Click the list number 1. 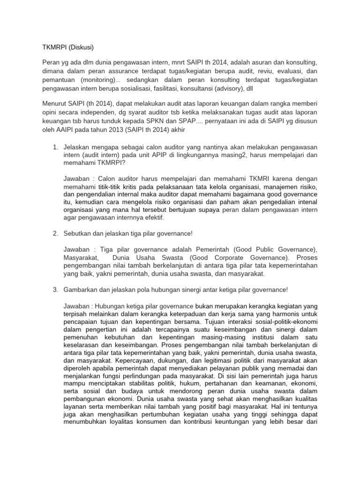54,148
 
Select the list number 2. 54,233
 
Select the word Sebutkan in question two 78,233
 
